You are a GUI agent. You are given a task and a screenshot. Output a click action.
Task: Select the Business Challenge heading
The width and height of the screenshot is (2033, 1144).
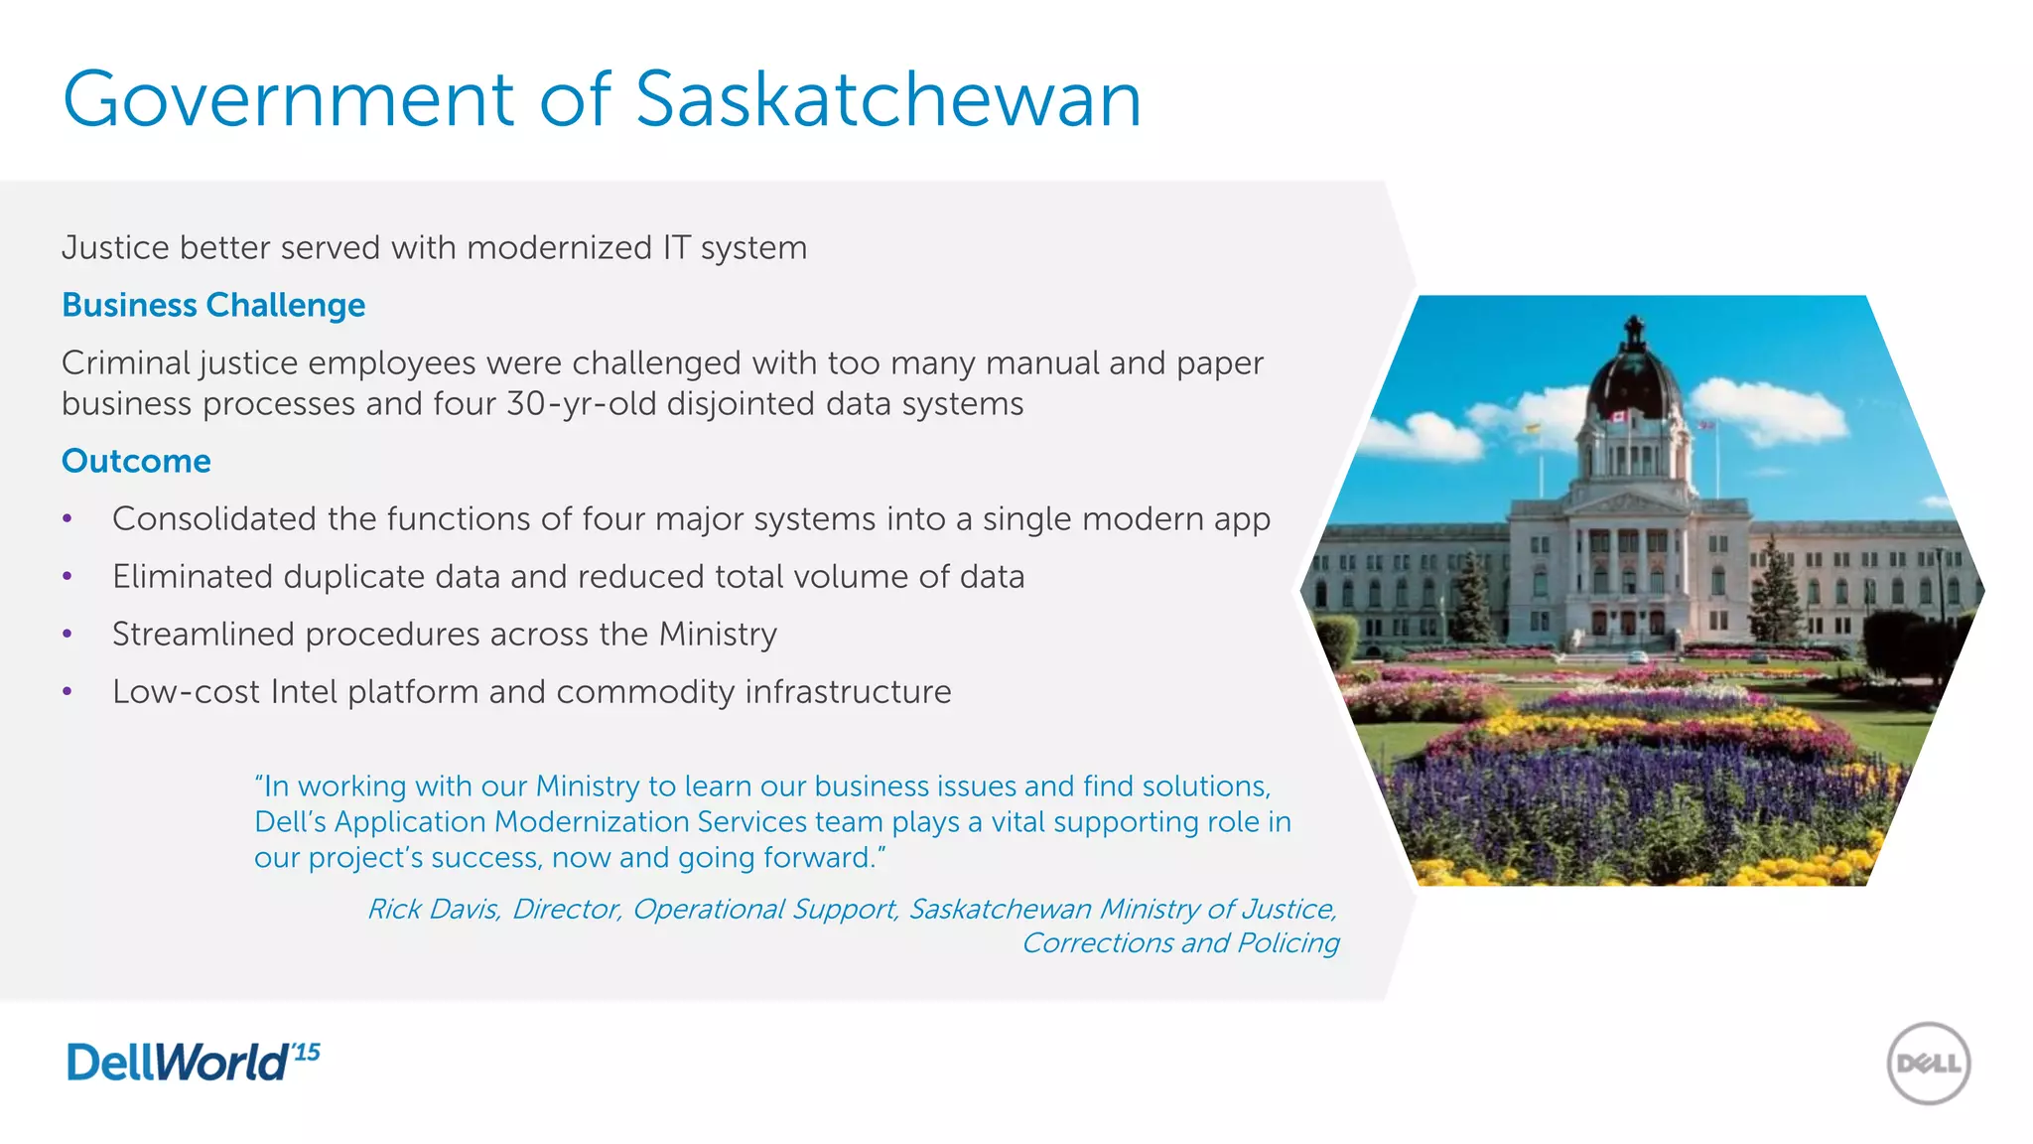[x=213, y=305]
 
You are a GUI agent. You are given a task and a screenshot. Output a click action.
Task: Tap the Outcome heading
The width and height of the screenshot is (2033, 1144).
[x=136, y=461]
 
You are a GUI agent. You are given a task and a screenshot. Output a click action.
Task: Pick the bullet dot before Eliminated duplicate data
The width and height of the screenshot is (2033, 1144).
[x=68, y=576]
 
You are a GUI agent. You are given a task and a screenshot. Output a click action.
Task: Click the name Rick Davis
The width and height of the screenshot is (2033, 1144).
[x=433, y=909]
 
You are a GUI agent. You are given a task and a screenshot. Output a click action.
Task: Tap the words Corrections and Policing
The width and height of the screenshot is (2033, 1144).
[x=1180, y=942]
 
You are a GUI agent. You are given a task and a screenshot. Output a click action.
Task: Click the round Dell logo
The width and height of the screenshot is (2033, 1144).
[x=1928, y=1064]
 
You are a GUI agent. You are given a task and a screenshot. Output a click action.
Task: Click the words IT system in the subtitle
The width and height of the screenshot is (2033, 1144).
[x=735, y=247]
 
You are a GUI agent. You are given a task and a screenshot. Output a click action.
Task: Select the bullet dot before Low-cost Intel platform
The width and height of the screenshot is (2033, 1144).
[x=68, y=691]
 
